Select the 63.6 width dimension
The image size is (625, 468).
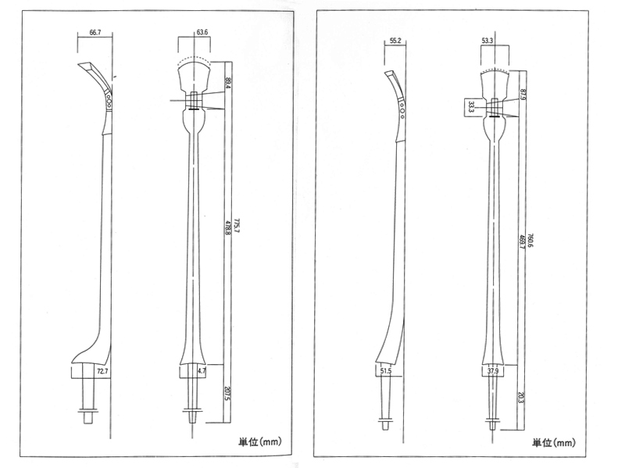[x=202, y=33]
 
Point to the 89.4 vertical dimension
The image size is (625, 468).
[x=227, y=83]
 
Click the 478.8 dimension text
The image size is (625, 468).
[x=227, y=233]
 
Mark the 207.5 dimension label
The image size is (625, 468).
[x=227, y=393]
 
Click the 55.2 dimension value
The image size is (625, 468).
[x=395, y=40]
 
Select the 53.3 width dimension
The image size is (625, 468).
[x=487, y=40]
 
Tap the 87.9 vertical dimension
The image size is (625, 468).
[x=522, y=95]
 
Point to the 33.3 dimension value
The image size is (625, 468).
[x=472, y=106]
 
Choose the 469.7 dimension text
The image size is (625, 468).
[x=522, y=242]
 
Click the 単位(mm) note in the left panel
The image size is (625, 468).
[x=259, y=441]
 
